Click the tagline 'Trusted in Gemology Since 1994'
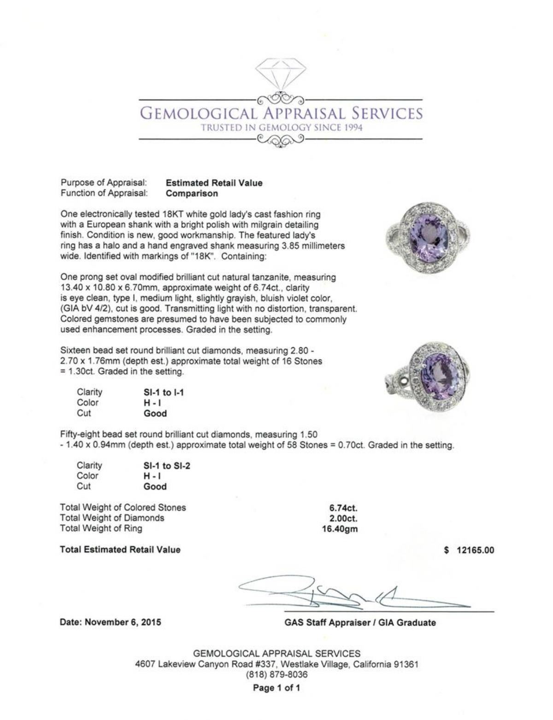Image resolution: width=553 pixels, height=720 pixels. click(x=281, y=128)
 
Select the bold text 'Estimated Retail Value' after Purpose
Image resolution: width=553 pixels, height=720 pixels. click(x=214, y=183)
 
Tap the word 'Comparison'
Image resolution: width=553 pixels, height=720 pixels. click(x=192, y=193)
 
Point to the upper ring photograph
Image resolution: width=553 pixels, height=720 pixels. click(x=429, y=239)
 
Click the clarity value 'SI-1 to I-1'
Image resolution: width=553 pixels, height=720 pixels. click(x=164, y=392)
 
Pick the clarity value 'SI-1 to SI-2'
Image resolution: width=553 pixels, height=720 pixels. click(x=167, y=466)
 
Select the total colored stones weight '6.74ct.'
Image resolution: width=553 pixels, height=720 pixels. click(x=343, y=508)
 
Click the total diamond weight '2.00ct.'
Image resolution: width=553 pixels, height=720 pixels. click(x=343, y=518)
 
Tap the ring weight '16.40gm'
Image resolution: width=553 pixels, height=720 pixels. click(x=340, y=529)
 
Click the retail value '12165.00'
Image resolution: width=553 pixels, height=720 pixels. click(x=475, y=550)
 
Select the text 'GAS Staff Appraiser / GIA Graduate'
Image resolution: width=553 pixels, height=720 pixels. click(x=360, y=623)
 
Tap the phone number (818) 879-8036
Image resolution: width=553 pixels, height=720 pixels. click(x=277, y=675)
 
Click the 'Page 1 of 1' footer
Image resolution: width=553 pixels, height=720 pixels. click(x=276, y=688)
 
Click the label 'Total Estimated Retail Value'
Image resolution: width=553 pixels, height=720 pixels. click(x=120, y=550)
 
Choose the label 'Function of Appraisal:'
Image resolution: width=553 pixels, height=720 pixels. click(x=104, y=193)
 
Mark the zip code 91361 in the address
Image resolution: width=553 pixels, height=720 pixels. click(x=406, y=664)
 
